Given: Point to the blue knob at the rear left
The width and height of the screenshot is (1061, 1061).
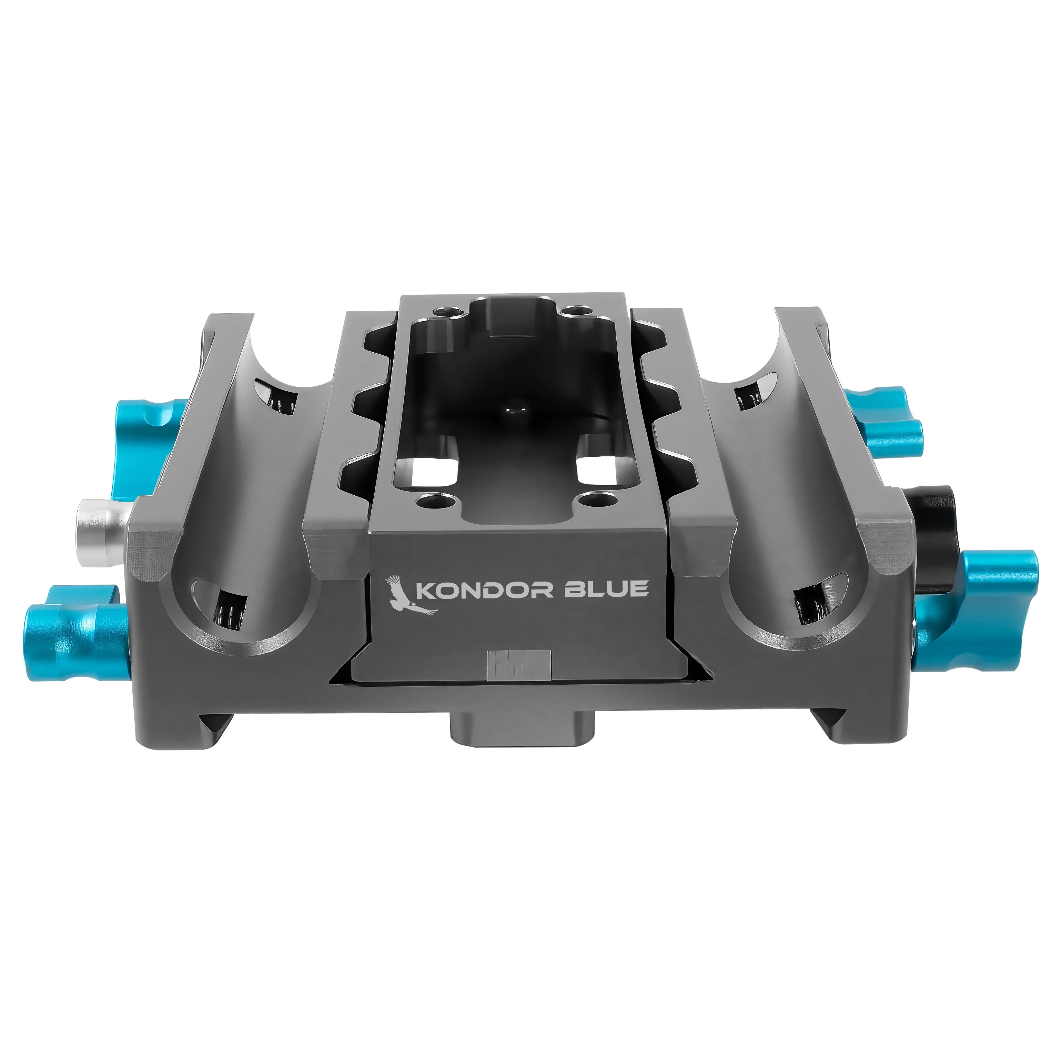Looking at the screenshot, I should (148, 439).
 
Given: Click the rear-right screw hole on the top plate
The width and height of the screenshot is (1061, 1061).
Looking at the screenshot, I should (573, 311).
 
